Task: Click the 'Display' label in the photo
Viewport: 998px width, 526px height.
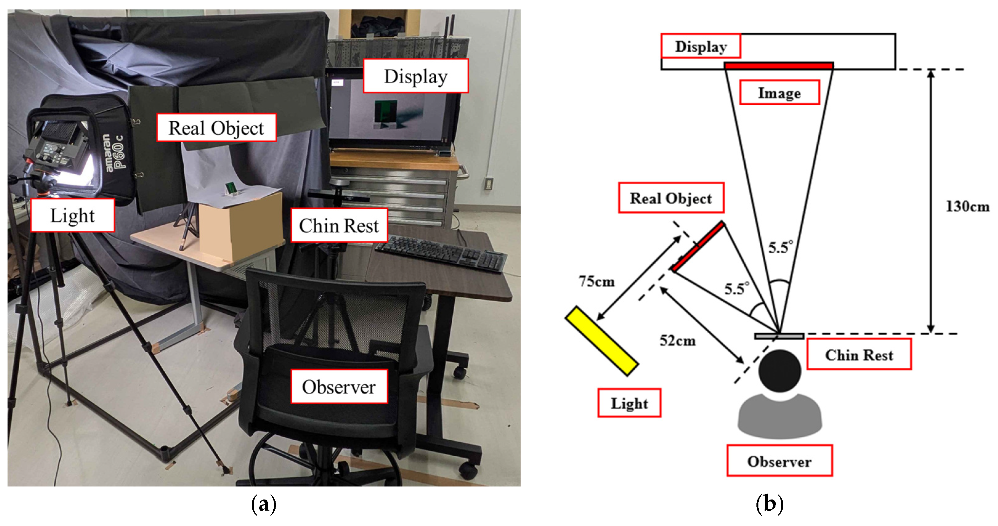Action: tap(416, 76)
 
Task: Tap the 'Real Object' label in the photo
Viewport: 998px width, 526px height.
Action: tap(216, 128)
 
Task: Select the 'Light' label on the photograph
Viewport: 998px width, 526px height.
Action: tap(72, 215)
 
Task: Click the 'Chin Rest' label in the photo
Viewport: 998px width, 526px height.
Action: tap(339, 225)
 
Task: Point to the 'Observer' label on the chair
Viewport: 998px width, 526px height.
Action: tap(339, 387)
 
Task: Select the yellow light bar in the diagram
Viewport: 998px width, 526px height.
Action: tap(601, 341)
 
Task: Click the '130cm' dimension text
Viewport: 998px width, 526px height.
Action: tap(967, 206)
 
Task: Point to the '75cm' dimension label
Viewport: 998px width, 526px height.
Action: tap(597, 281)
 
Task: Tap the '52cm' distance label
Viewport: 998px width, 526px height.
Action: tap(678, 341)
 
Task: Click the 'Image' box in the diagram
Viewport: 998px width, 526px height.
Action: tap(779, 93)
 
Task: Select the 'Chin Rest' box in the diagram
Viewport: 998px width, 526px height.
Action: tap(859, 354)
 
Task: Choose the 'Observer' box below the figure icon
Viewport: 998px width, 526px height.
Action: tap(779, 461)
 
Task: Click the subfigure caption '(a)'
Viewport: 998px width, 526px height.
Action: tap(264, 504)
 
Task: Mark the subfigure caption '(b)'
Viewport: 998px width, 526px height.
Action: tap(770, 504)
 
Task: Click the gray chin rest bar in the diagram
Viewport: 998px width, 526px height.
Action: tap(779, 336)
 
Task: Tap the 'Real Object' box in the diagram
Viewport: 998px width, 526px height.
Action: tap(671, 198)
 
